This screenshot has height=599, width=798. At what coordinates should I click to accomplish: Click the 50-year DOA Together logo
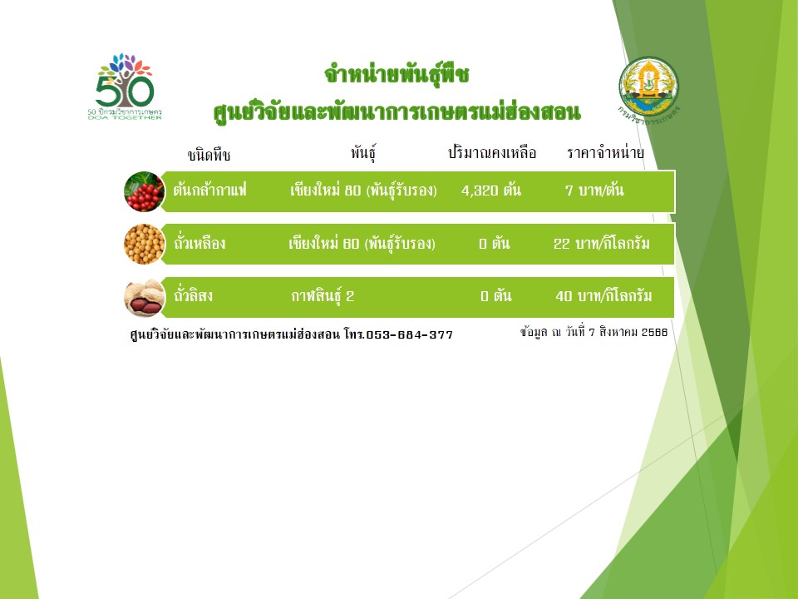click(x=125, y=87)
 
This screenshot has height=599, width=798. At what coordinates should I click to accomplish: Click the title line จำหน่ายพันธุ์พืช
click(x=397, y=74)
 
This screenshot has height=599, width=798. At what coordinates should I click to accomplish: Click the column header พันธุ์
click(x=363, y=153)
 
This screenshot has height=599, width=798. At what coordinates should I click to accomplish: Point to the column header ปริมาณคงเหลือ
click(x=491, y=152)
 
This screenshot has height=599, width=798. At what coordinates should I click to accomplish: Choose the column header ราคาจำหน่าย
click(x=605, y=152)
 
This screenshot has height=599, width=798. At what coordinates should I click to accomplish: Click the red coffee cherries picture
click(x=145, y=191)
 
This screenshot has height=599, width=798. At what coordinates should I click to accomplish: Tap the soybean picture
click(x=145, y=244)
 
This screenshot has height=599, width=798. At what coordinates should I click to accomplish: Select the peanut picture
click(x=145, y=298)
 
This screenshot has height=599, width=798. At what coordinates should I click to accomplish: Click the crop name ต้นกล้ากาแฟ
click(x=209, y=190)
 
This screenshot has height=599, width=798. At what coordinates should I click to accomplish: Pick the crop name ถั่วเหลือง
click(x=199, y=243)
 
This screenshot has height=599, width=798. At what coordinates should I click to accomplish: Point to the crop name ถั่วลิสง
click(x=194, y=295)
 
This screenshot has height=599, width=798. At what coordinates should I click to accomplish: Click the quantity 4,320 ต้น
click(x=491, y=190)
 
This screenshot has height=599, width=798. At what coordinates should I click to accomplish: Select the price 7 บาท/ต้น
click(x=594, y=190)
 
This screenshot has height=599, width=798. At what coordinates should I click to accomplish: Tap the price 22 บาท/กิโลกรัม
click(x=602, y=243)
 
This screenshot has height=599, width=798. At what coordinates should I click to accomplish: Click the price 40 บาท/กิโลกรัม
click(x=603, y=295)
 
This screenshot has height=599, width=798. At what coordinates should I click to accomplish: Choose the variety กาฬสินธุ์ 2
click(x=323, y=296)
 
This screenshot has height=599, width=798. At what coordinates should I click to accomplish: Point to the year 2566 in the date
click(x=654, y=332)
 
